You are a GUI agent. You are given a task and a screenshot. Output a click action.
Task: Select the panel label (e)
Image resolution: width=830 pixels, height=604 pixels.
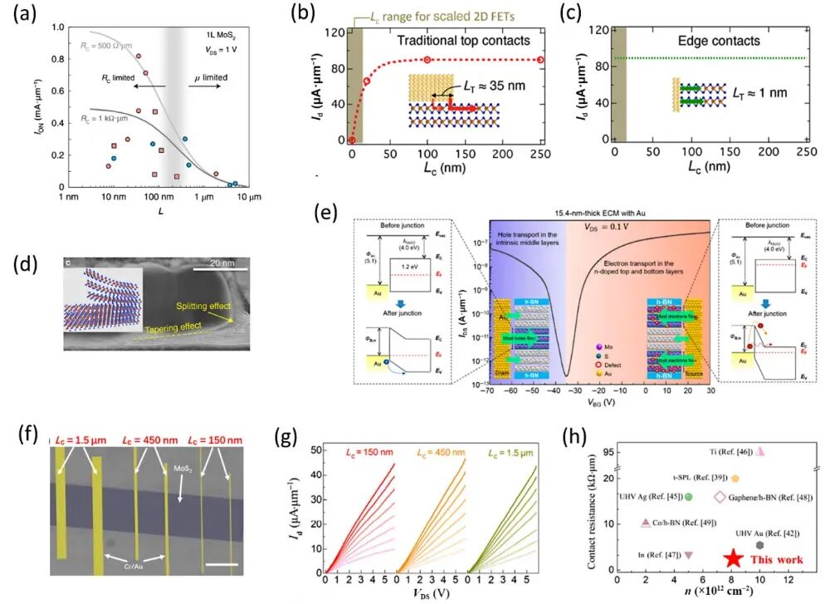click(329, 211)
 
